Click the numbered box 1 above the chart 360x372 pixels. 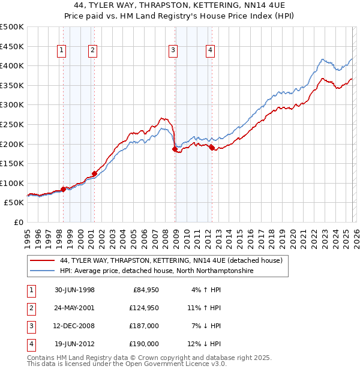(x=63, y=51)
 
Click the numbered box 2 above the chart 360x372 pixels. (x=93, y=51)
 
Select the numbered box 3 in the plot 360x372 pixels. (x=173, y=51)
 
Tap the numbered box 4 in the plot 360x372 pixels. (x=211, y=51)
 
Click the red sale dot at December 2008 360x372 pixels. (x=175, y=149)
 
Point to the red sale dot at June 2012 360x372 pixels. (x=212, y=148)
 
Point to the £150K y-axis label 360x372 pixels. (x=12, y=163)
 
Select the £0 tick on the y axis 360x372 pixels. (x=19, y=222)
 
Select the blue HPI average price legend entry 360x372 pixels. (x=157, y=271)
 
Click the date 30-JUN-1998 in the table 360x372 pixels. (x=74, y=290)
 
